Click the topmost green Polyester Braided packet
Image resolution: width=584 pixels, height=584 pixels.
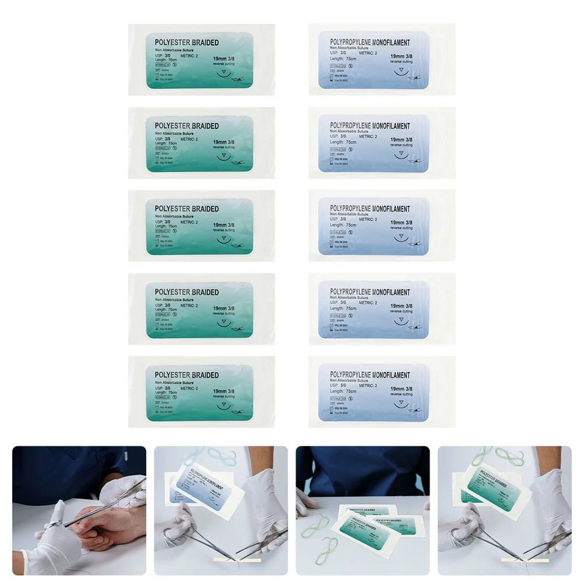[x=201, y=59]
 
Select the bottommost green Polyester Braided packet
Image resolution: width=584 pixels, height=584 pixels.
[x=201, y=392]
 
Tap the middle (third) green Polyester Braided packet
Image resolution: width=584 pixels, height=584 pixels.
[x=201, y=226]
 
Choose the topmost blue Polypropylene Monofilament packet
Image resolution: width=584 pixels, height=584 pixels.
[x=381, y=59]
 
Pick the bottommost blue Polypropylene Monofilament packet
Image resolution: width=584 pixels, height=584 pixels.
[x=381, y=392]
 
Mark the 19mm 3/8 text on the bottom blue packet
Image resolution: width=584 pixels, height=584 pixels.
[x=402, y=389]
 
